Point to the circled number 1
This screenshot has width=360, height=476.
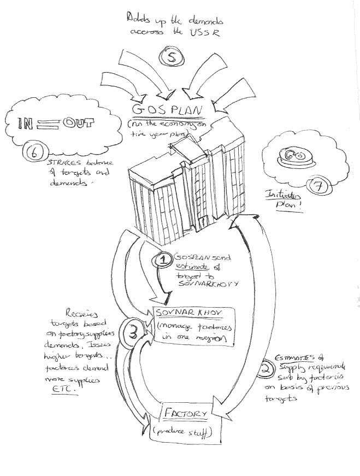163,260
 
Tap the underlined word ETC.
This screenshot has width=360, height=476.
68,392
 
